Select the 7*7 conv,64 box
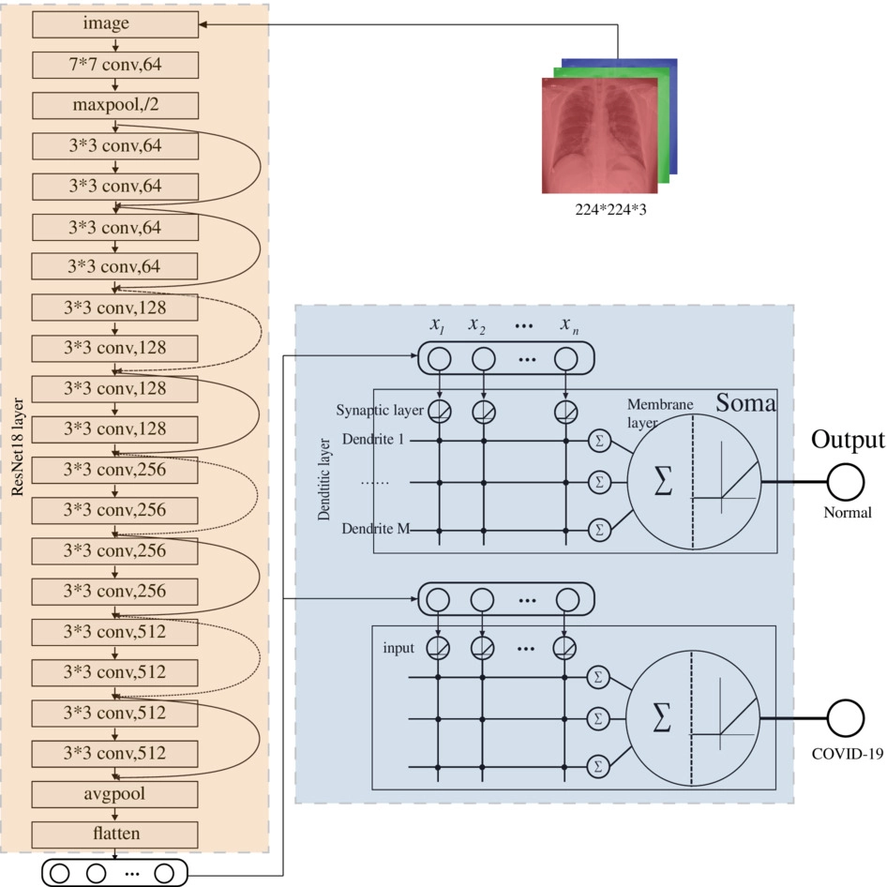tap(114, 65)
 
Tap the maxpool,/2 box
tap(114, 105)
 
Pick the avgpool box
tap(114, 793)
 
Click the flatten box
tap(114, 834)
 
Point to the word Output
tap(847, 440)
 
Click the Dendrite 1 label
tap(374, 439)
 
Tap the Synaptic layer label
tap(376, 411)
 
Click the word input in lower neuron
tap(398, 648)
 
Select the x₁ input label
tap(437, 325)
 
